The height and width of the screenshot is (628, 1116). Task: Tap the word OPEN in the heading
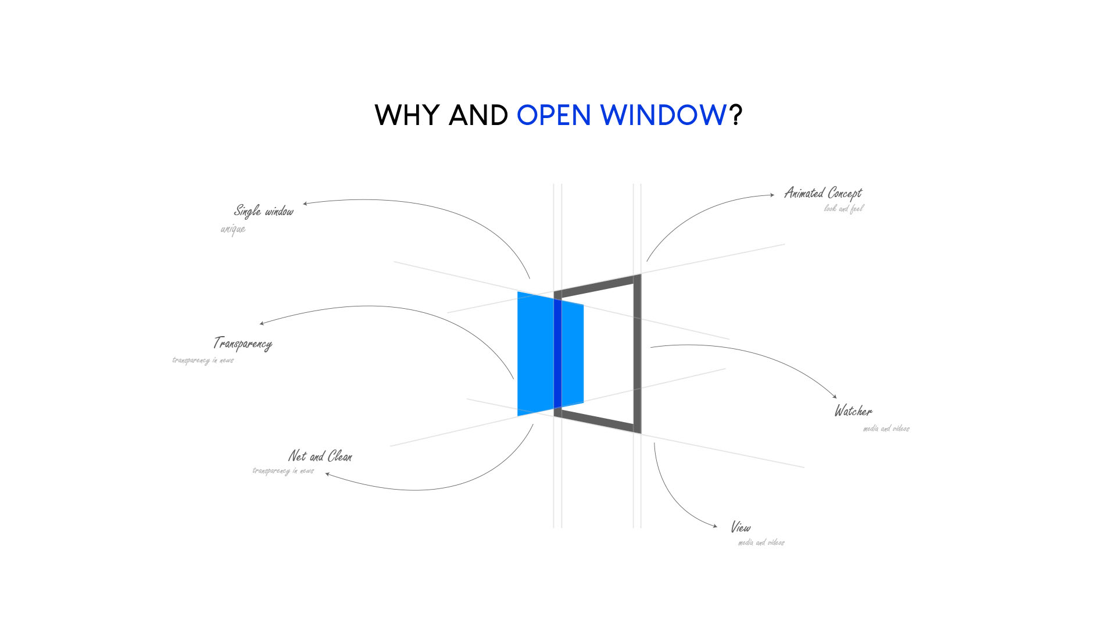tap(553, 115)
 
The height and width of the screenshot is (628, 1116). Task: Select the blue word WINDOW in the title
tap(663, 115)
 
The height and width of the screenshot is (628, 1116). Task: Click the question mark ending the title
tap(736, 115)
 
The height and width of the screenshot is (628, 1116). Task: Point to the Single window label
tap(264, 210)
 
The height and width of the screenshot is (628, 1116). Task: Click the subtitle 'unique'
tap(233, 229)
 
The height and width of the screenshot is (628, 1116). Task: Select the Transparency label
tap(243, 344)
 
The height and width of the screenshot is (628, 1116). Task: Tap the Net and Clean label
tap(320, 456)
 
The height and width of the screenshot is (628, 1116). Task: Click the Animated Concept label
tap(823, 193)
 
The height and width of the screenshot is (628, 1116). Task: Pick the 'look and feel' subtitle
tap(844, 208)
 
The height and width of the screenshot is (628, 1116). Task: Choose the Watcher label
tap(853, 411)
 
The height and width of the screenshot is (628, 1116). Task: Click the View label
tap(741, 527)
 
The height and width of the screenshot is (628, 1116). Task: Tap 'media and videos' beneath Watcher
tap(886, 429)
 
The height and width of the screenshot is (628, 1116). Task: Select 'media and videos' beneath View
tap(761, 543)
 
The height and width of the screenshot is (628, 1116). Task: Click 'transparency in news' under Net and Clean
tap(283, 470)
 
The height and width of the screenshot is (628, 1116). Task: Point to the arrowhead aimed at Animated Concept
tap(772, 195)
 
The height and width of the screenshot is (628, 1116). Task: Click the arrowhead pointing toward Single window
tap(305, 204)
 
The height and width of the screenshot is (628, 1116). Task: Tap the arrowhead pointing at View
tap(715, 526)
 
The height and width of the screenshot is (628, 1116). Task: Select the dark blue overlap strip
tap(557, 353)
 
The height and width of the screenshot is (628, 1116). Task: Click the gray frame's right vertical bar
tap(637, 354)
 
